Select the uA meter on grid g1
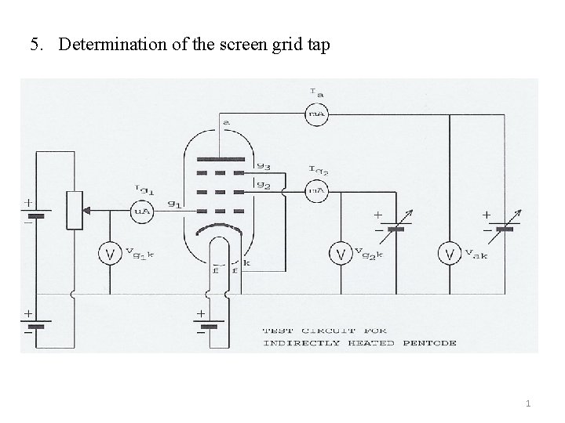point(142,210)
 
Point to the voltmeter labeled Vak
point(449,253)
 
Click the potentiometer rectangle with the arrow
point(75,210)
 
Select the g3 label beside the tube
point(263,165)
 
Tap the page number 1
point(528,403)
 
